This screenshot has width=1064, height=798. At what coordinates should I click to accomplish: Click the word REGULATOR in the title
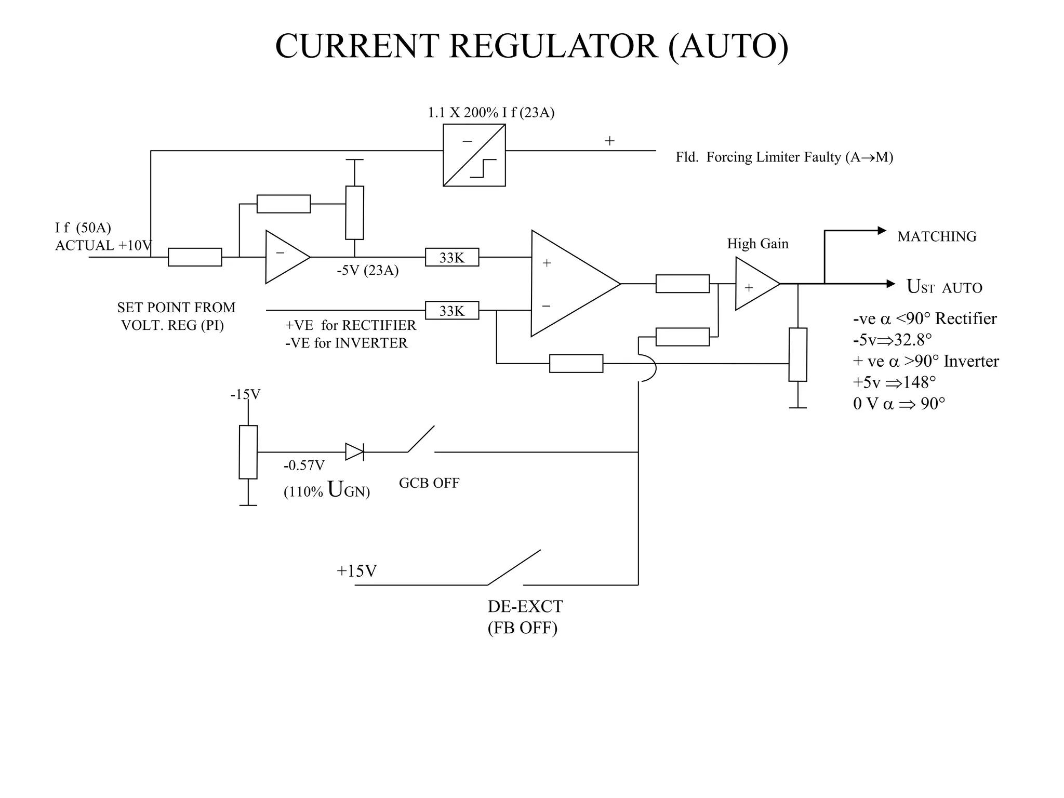[x=553, y=47]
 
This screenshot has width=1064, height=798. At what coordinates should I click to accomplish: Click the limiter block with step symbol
[x=474, y=155]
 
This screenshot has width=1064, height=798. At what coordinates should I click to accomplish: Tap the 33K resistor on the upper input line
[x=451, y=257]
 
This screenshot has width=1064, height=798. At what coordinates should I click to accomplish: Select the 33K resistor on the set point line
[x=451, y=311]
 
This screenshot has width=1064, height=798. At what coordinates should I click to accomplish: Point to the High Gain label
[x=757, y=244]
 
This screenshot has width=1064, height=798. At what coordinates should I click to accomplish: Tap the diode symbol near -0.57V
[x=354, y=452]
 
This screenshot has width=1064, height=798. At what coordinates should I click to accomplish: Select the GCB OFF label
[x=429, y=483]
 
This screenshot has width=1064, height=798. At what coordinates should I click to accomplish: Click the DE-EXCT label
[x=525, y=607]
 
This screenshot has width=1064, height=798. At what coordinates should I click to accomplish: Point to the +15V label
[x=356, y=571]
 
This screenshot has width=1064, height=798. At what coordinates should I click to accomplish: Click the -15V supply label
[x=245, y=394]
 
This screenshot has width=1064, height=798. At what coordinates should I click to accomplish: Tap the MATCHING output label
[x=936, y=237]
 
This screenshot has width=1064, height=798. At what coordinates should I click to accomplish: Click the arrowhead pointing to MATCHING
[x=882, y=230]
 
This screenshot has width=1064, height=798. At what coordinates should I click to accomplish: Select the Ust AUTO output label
[x=944, y=287]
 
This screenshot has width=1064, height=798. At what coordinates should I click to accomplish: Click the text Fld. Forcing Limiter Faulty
[x=784, y=157]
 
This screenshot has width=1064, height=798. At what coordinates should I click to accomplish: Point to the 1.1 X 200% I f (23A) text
[x=491, y=113]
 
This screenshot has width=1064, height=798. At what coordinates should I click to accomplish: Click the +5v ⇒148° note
[x=894, y=382]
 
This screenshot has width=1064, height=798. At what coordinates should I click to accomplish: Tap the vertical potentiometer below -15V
[x=248, y=452]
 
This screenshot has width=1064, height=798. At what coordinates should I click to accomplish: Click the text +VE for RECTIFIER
[x=350, y=325]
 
